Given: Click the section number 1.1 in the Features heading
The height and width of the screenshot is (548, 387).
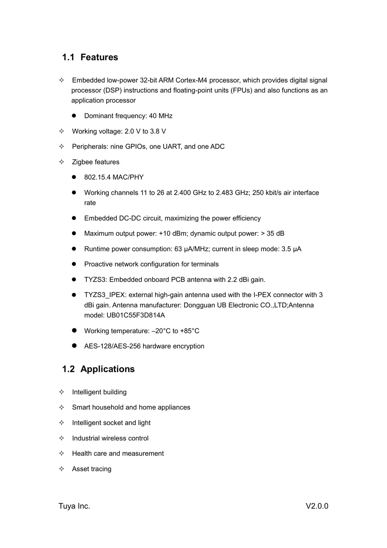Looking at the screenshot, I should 68,57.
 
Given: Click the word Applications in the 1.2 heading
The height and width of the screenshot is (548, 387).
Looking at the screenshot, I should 107,369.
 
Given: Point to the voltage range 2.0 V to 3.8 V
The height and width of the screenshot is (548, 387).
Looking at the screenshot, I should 145,131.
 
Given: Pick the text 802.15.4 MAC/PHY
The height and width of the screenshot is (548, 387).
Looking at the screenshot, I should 114,177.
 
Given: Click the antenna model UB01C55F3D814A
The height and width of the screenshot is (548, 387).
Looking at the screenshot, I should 136,315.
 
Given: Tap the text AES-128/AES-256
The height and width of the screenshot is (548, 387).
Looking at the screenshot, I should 112,346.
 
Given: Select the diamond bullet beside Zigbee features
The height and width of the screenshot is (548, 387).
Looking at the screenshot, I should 61,162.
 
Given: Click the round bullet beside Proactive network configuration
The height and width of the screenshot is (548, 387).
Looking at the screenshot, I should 74,264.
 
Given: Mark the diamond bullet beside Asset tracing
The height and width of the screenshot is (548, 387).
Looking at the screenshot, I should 61,469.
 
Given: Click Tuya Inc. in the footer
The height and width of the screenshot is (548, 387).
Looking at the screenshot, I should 74,506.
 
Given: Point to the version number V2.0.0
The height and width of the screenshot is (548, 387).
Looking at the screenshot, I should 317,506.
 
